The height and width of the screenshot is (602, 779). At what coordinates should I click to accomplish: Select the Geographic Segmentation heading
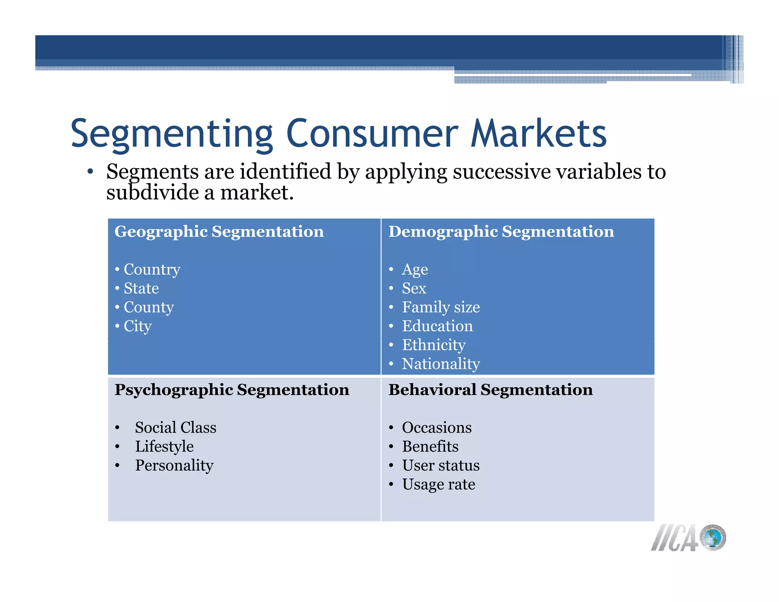tap(219, 232)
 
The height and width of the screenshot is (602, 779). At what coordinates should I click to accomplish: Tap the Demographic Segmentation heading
tap(501, 232)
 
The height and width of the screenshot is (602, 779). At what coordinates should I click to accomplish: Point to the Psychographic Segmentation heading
tap(232, 390)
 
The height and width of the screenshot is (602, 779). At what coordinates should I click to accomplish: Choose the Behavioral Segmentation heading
tap(490, 390)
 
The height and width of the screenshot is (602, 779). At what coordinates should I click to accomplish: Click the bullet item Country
tap(152, 269)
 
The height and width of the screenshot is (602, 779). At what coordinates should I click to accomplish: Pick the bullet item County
tap(149, 307)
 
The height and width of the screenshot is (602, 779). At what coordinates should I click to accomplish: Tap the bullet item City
tap(138, 326)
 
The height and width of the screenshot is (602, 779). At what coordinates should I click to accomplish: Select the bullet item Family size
tap(441, 307)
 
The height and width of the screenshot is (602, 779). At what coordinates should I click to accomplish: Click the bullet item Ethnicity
tap(434, 345)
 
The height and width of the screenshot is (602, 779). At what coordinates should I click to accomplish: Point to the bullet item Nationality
tap(441, 364)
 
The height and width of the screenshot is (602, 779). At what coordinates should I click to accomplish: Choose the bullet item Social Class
tap(176, 428)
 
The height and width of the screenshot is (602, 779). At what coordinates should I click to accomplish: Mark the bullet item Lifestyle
tap(164, 447)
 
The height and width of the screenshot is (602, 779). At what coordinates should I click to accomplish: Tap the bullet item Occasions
tap(437, 428)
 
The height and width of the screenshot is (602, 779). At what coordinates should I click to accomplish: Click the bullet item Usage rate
tap(439, 484)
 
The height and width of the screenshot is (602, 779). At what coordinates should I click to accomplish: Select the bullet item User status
tap(441, 465)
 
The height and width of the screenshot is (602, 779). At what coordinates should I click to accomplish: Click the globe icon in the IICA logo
tap(713, 537)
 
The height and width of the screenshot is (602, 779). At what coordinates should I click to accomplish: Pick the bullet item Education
tap(437, 326)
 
